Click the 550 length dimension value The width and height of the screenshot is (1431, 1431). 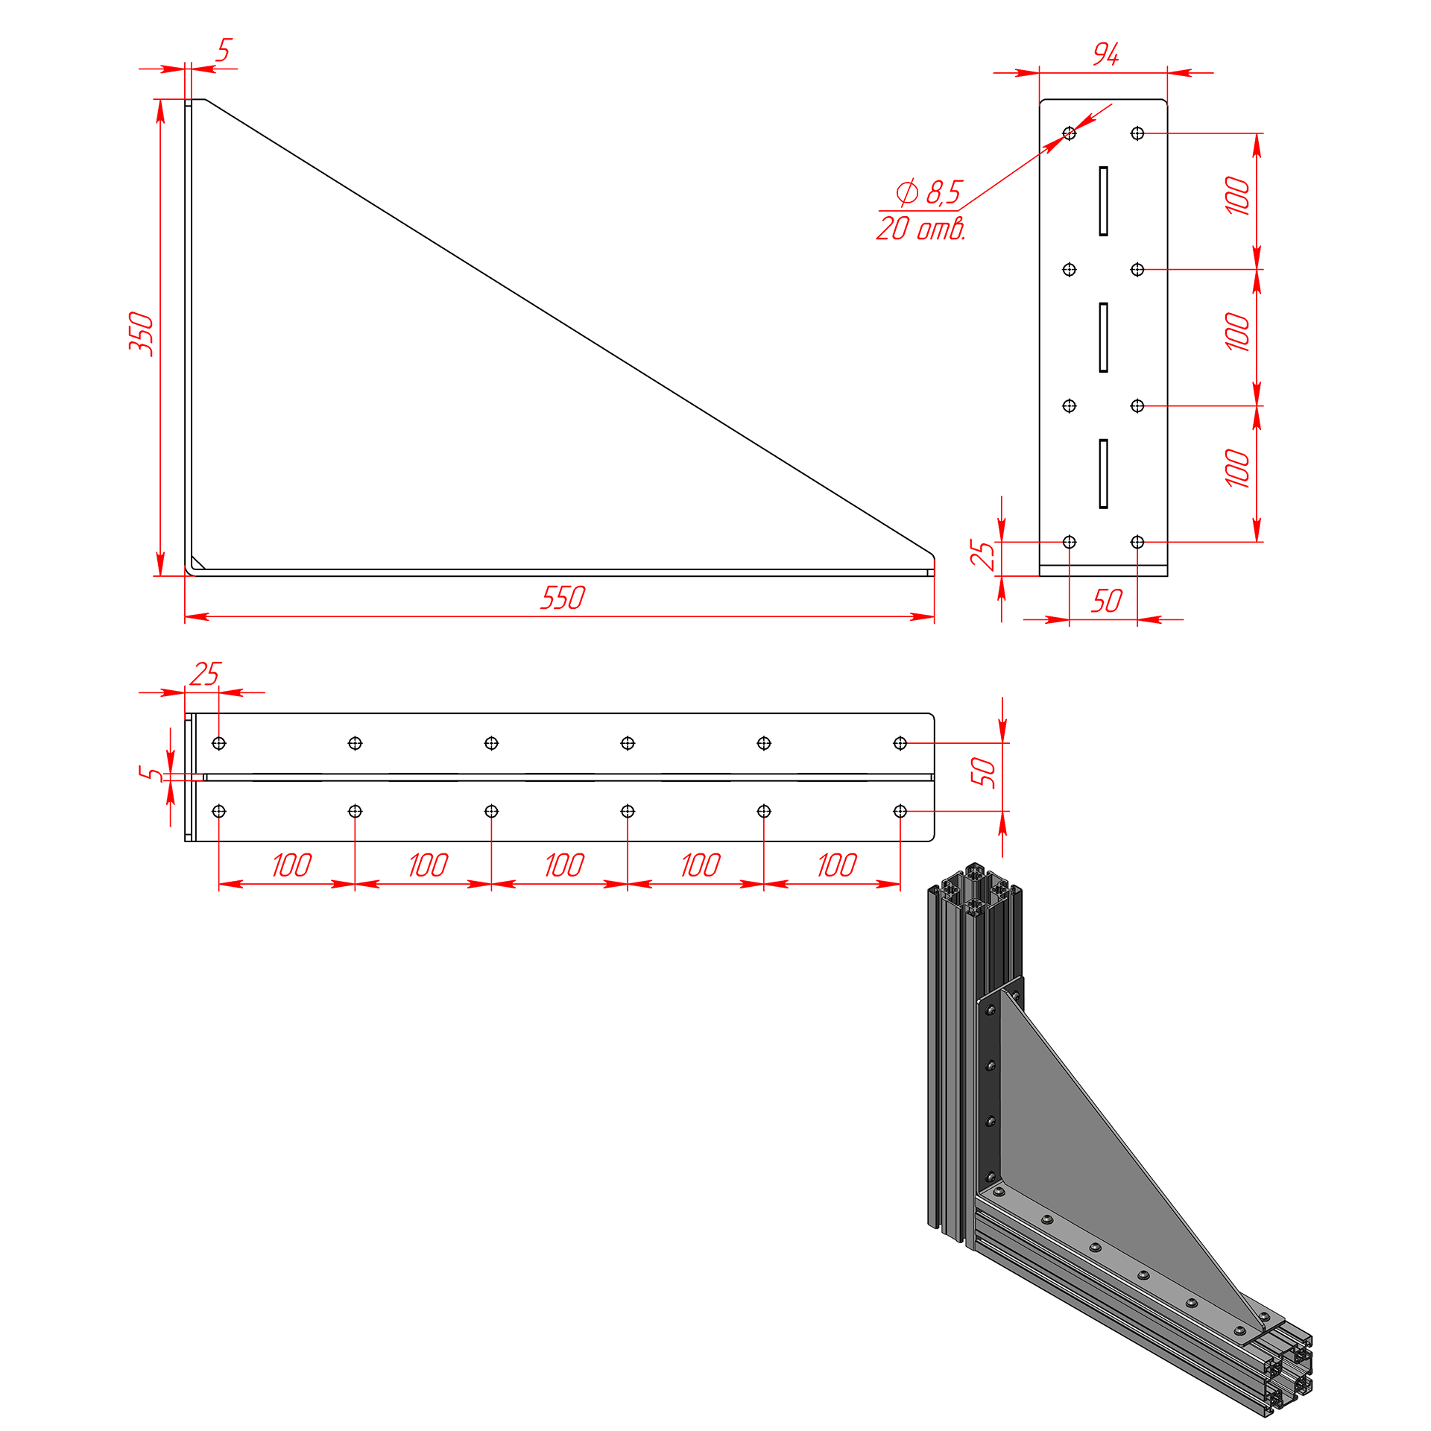coord(563,598)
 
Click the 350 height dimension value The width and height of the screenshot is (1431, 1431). coord(141,334)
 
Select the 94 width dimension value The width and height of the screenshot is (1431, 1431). coord(1106,54)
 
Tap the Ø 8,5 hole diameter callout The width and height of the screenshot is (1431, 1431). coord(929,192)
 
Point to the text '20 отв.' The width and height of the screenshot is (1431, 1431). coord(921,228)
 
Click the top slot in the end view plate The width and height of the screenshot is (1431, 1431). coord(1103,201)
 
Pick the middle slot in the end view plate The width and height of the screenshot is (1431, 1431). coord(1103,338)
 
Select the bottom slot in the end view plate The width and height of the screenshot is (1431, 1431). coord(1103,474)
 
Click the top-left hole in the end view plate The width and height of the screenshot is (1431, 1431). coord(1070,133)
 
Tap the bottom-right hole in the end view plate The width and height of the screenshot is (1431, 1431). coord(1137,542)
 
